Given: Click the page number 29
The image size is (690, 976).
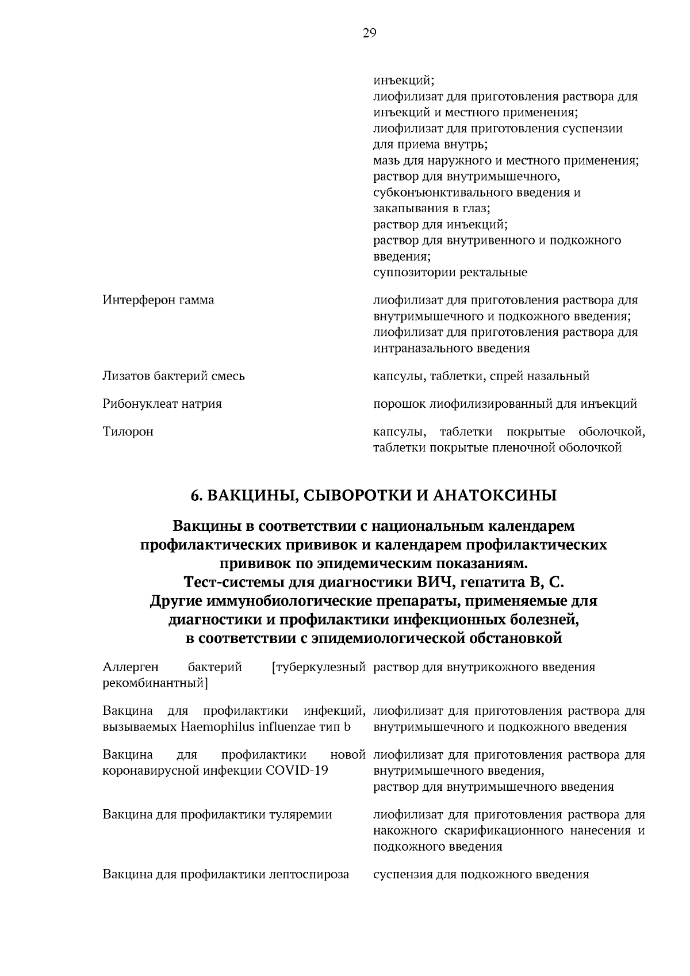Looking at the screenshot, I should point(369,33).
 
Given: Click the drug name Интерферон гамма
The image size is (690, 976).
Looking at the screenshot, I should point(158,300).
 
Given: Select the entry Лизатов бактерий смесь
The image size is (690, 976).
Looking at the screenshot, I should point(174,376).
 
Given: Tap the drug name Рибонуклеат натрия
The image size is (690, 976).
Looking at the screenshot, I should point(162,404).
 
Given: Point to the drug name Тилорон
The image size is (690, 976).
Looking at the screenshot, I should point(128,431).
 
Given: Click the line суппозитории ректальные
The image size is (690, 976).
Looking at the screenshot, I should point(450,272).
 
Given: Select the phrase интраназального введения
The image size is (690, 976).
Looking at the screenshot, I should point(451,349).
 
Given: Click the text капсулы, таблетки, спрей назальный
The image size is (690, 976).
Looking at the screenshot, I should point(481,376).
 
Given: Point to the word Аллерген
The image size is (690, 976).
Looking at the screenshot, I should point(131,667).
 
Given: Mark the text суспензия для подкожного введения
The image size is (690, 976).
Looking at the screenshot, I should point(481,875).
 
